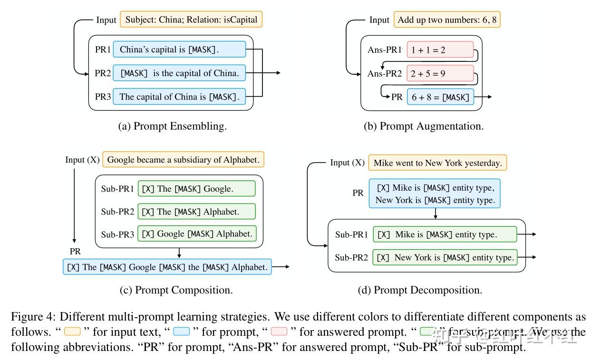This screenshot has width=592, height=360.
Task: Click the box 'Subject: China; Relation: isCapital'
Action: coord(191,20)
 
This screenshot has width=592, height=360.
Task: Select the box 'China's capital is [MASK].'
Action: coord(179,49)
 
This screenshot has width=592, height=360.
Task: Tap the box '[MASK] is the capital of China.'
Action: coord(179,73)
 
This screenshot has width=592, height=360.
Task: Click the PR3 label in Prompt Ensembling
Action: coord(103,97)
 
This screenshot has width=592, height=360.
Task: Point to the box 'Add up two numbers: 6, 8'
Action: coord(447,20)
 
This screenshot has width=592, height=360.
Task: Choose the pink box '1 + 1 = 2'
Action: coord(440,49)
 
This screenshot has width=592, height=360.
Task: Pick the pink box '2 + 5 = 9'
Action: coord(440,73)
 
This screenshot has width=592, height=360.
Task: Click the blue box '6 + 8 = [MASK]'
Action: coord(440,97)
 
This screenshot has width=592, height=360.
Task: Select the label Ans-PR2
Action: coord(384,73)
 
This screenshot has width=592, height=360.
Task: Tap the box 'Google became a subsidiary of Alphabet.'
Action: coord(183,160)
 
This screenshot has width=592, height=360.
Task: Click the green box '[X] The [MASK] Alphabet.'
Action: coord(196,211)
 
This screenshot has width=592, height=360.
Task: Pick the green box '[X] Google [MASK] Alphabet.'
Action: coord(196,234)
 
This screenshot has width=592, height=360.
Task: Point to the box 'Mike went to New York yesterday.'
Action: coord(437,163)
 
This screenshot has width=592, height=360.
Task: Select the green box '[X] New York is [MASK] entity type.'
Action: coord(445,257)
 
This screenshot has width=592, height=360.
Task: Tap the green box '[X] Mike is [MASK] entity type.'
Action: coord(445,234)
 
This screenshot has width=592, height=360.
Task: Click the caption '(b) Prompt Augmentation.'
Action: coord(423,126)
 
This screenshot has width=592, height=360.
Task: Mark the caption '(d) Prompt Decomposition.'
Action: coord(419,290)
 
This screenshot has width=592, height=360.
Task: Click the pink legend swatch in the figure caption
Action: coord(279,331)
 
